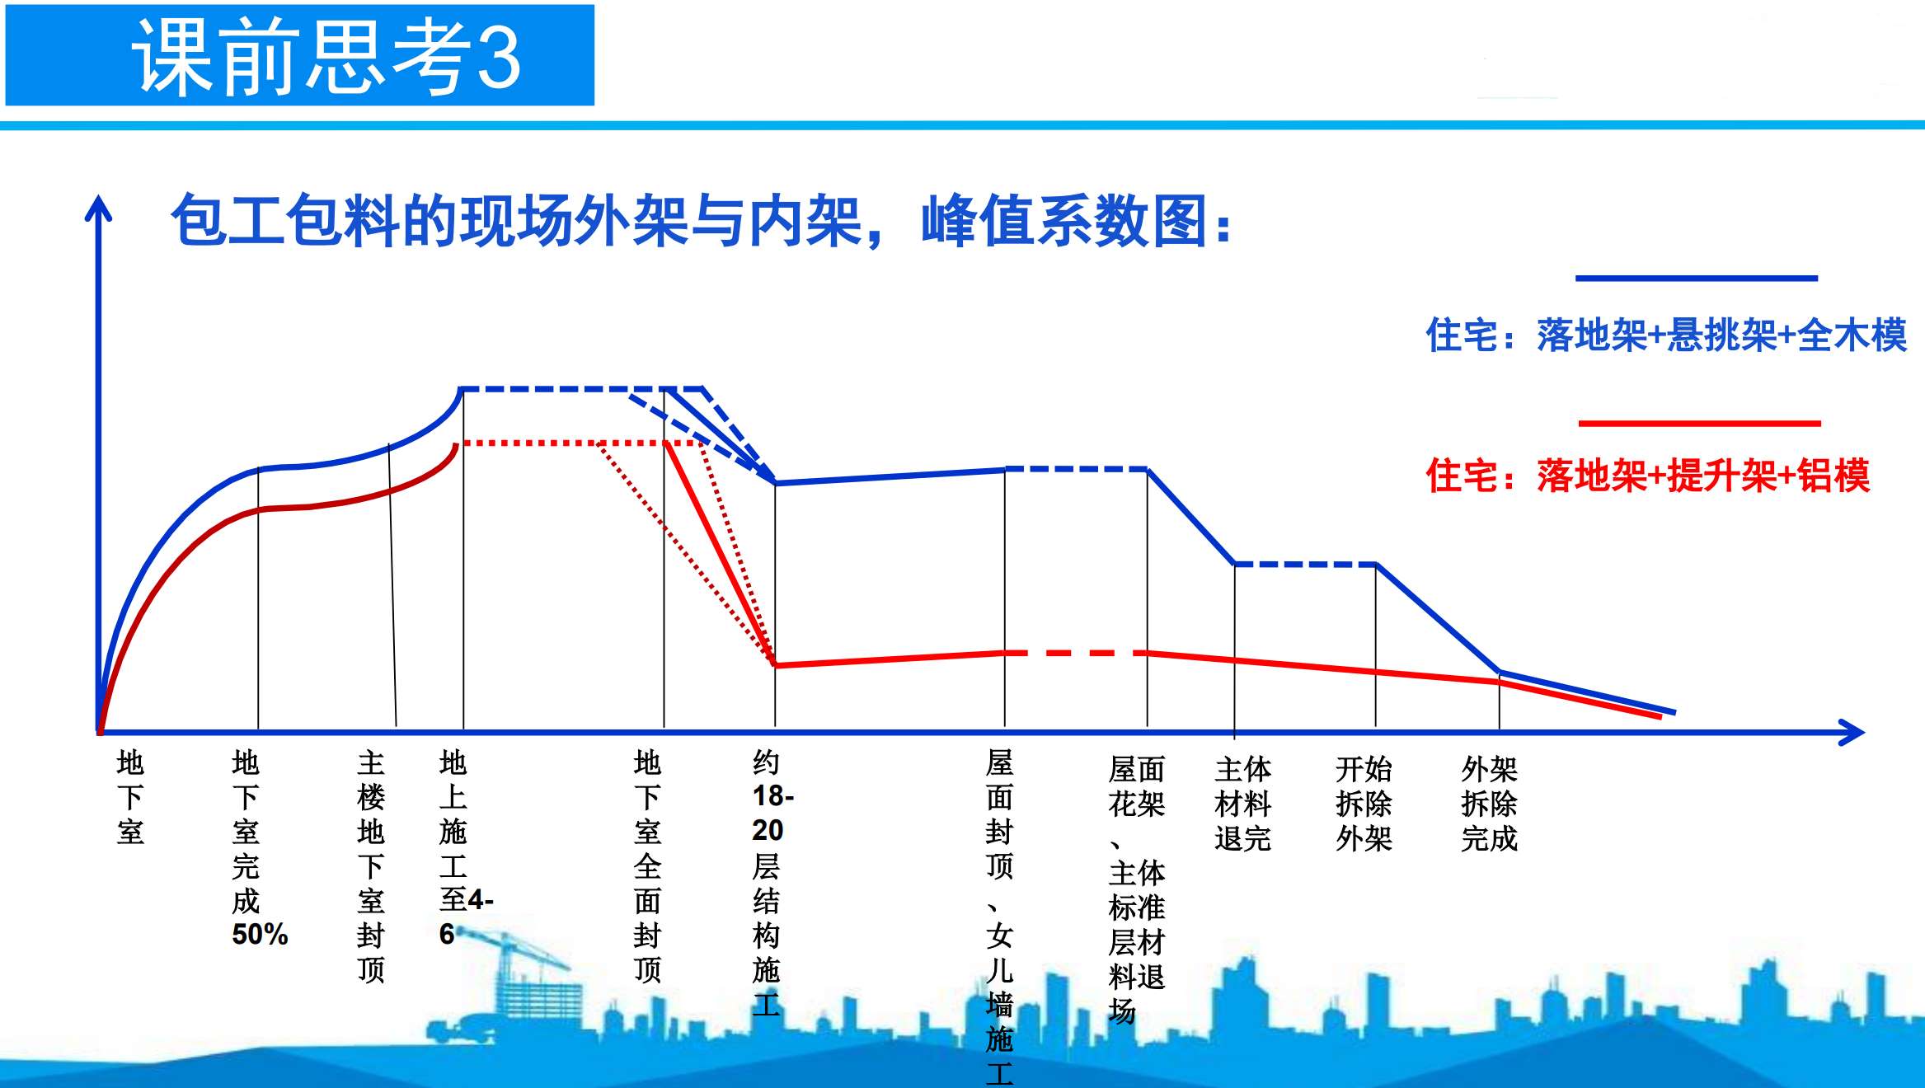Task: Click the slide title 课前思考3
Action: click(326, 56)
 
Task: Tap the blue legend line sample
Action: click(1696, 279)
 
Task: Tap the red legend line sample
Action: click(1699, 424)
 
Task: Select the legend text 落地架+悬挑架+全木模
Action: click(1722, 335)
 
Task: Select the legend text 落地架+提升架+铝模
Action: click(1703, 476)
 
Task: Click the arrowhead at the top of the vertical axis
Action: click(98, 208)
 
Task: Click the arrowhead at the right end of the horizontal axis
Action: click(1852, 732)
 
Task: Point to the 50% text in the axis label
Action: click(260, 935)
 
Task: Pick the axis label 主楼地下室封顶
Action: click(371, 866)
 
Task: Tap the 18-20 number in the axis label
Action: click(772, 813)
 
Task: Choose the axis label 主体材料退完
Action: click(1242, 804)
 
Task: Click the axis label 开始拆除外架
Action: click(1364, 804)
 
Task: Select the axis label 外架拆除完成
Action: click(1490, 804)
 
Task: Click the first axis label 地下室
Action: click(130, 797)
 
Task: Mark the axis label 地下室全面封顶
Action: click(647, 866)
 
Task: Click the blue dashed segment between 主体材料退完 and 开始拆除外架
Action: click(1305, 565)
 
